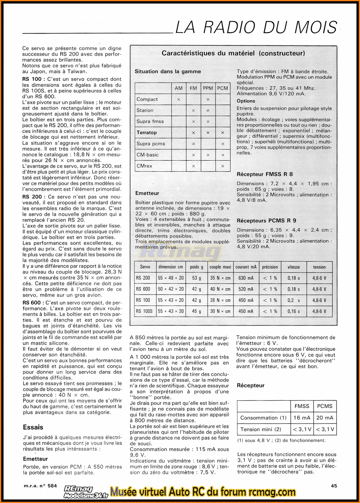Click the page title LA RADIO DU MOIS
256,28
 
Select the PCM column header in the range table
223,88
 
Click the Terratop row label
146,132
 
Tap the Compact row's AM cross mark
179,99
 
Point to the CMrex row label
144,166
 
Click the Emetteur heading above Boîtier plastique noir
147,193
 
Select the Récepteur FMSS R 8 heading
265,174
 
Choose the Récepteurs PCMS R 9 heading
266,220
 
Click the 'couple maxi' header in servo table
220,267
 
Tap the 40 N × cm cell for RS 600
220,289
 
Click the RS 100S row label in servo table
144,311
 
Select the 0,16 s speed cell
294,311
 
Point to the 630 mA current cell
246,278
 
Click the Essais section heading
33,427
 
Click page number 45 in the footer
334,486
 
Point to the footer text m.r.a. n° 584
40,486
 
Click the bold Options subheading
246,101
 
